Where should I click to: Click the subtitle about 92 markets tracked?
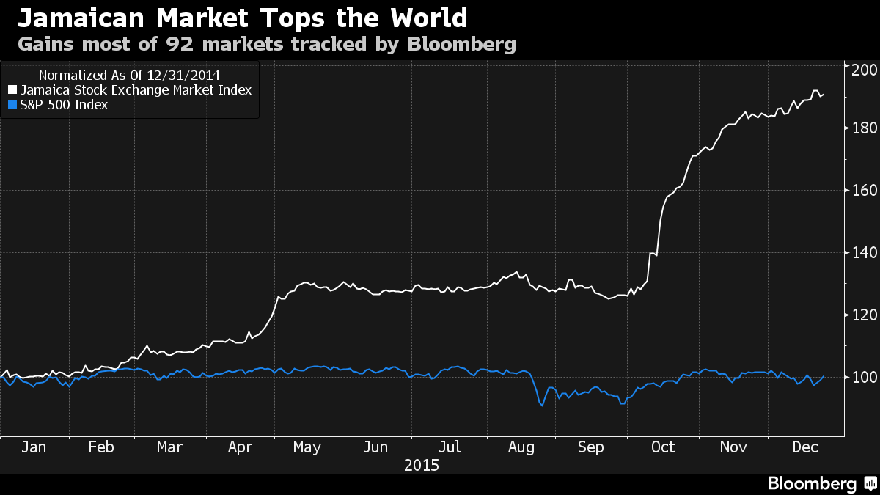(x=267, y=44)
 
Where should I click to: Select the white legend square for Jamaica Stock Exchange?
(x=12, y=90)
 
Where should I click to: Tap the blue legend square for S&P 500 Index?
(x=12, y=105)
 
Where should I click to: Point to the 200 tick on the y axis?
(x=863, y=68)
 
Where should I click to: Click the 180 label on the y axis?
(x=863, y=128)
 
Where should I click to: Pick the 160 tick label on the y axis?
(x=863, y=191)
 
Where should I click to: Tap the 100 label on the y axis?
(x=863, y=378)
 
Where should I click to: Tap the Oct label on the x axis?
(x=663, y=447)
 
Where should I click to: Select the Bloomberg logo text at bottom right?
(x=812, y=484)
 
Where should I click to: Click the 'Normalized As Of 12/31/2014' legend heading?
(x=129, y=75)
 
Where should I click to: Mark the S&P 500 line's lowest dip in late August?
(x=542, y=406)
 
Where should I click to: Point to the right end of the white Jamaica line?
(x=824, y=94)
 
